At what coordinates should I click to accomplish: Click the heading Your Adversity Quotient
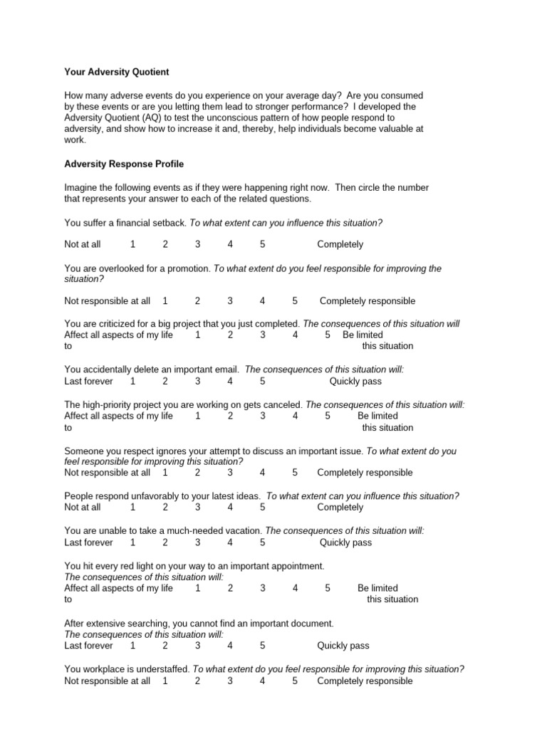(117, 72)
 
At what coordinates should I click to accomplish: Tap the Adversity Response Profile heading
(124, 164)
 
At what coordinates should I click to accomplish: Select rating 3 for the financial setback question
(198, 244)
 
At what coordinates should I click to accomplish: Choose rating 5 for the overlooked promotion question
(295, 301)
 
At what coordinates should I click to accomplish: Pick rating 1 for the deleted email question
(133, 381)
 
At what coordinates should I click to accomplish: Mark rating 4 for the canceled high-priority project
(295, 416)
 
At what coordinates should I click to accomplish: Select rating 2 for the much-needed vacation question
(165, 542)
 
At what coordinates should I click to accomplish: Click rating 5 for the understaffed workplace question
(295, 681)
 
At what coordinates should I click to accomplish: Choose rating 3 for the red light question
(263, 588)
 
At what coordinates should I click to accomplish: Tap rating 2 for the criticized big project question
(231, 335)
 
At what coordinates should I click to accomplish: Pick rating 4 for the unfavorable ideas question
(230, 508)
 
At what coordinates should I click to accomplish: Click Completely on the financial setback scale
(340, 244)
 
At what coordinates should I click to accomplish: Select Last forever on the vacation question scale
(88, 542)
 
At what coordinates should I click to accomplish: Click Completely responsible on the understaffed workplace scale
(365, 681)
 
